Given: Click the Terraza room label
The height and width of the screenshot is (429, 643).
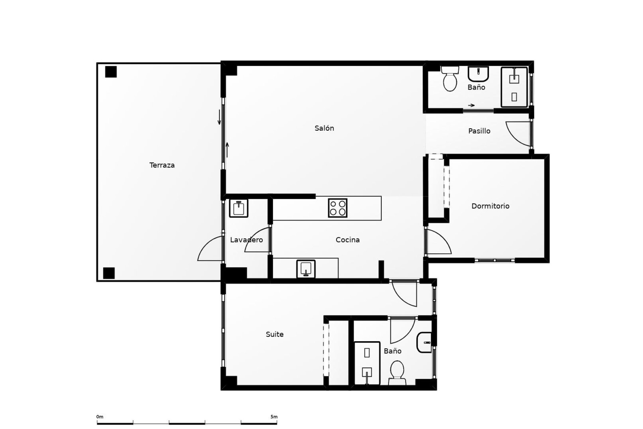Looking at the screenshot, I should tap(162, 165).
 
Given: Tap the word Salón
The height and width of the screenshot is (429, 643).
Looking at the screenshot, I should tap(324, 128).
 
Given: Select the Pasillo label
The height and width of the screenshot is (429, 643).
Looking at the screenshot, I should tap(479, 131).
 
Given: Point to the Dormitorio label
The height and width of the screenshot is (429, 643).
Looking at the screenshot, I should tap(490, 206).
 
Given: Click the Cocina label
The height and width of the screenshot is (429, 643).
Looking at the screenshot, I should tap(348, 240).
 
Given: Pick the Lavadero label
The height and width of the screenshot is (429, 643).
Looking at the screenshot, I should tap(246, 240).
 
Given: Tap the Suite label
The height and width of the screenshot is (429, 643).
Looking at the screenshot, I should tap(275, 334).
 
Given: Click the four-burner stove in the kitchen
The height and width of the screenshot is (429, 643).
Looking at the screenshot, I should tap(338, 208).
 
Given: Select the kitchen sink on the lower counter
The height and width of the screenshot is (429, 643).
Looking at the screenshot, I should tap(306, 269).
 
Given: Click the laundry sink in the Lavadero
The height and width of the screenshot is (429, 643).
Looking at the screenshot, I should tap(238, 208).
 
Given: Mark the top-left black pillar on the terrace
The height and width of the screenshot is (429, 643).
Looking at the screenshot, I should tap(111, 72).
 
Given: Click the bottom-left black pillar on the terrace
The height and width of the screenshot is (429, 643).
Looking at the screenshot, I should tap(109, 273).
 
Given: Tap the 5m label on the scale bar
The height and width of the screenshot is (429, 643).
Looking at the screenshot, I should tap(274, 417).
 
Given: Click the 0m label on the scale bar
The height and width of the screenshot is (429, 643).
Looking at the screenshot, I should tap(100, 417).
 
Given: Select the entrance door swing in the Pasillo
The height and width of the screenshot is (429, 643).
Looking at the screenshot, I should tap(518, 133).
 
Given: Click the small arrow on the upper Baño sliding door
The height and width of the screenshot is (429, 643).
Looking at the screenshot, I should tap(471, 105).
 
